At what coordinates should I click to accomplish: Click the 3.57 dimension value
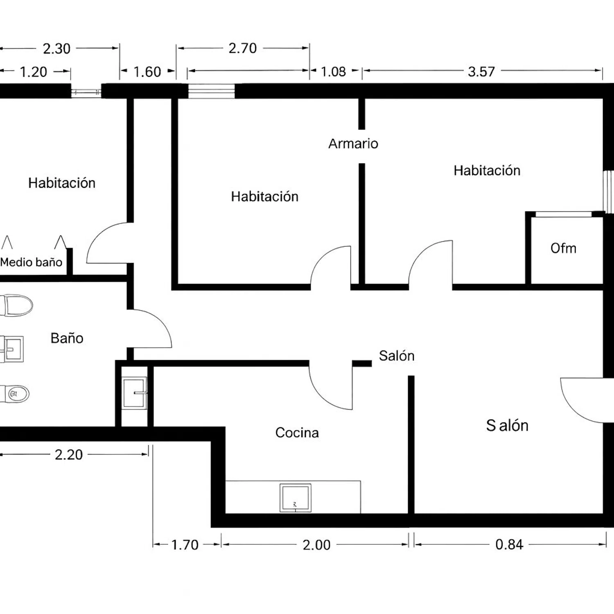[481, 72]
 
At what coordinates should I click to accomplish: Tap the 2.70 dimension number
[243, 48]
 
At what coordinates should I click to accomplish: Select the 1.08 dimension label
[333, 72]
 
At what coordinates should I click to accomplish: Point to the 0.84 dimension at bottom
[509, 544]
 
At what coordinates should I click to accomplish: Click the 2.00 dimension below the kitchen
[316, 545]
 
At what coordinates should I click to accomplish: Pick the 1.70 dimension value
[185, 545]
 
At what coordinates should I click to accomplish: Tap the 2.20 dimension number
[69, 455]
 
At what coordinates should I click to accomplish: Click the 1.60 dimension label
[147, 72]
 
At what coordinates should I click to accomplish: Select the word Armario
[353, 144]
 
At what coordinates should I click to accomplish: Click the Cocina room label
[297, 433]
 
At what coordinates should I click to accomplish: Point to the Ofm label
[563, 248]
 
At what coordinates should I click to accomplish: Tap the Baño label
[67, 338]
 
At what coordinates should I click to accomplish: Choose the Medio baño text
[31, 262]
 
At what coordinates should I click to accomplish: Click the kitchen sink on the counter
[295, 498]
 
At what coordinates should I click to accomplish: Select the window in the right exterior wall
[608, 192]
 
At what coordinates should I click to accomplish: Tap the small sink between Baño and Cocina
[135, 393]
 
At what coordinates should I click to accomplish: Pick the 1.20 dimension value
[33, 72]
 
